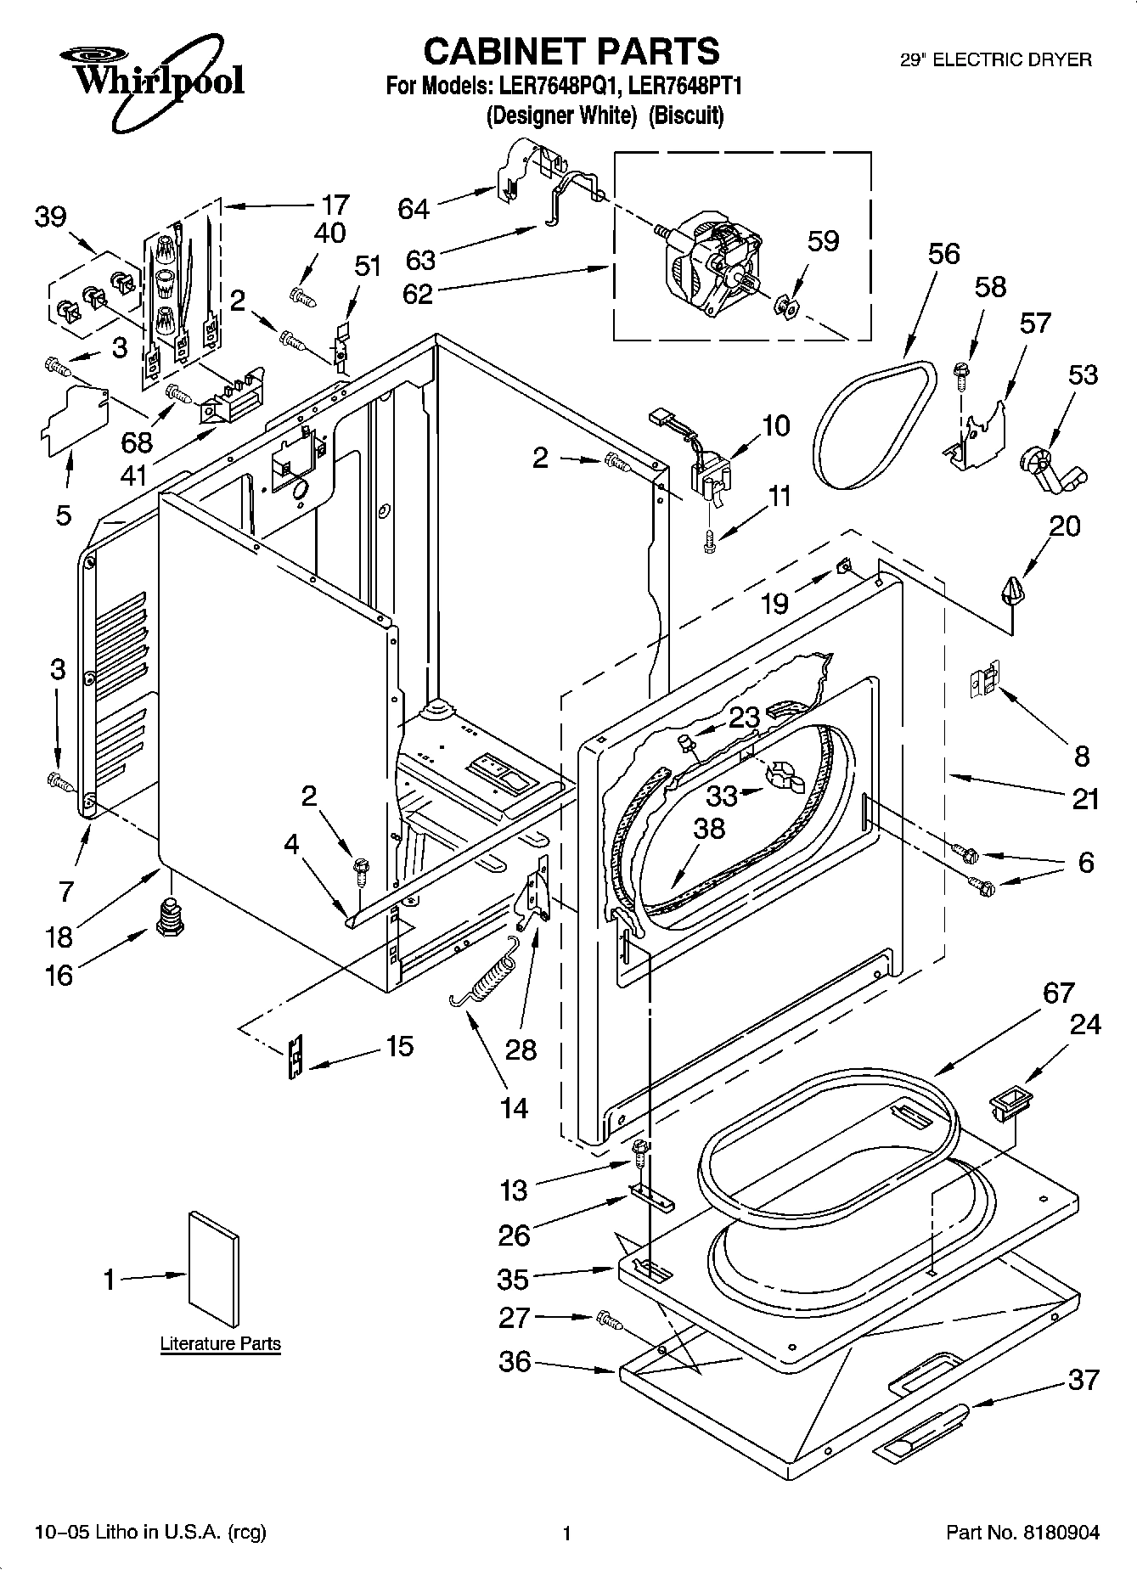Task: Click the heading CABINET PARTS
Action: [571, 51]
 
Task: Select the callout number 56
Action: [943, 254]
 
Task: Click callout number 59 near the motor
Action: [822, 241]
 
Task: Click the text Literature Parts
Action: [220, 1344]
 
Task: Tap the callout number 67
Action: [1058, 993]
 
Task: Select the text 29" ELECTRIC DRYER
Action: [995, 60]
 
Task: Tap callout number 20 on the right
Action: [1064, 526]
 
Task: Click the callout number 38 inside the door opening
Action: [708, 828]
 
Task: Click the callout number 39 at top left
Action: [50, 217]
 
